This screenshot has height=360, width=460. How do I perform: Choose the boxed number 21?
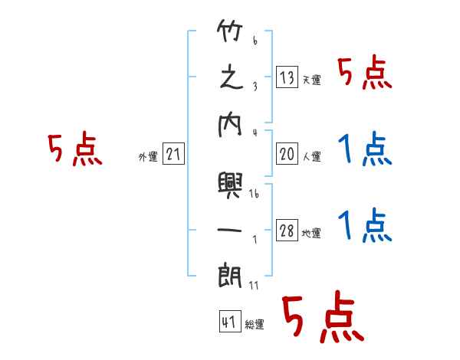[173, 155]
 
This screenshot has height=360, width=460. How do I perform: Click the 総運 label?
[255, 325]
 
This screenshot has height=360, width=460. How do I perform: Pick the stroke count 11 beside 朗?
[255, 287]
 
